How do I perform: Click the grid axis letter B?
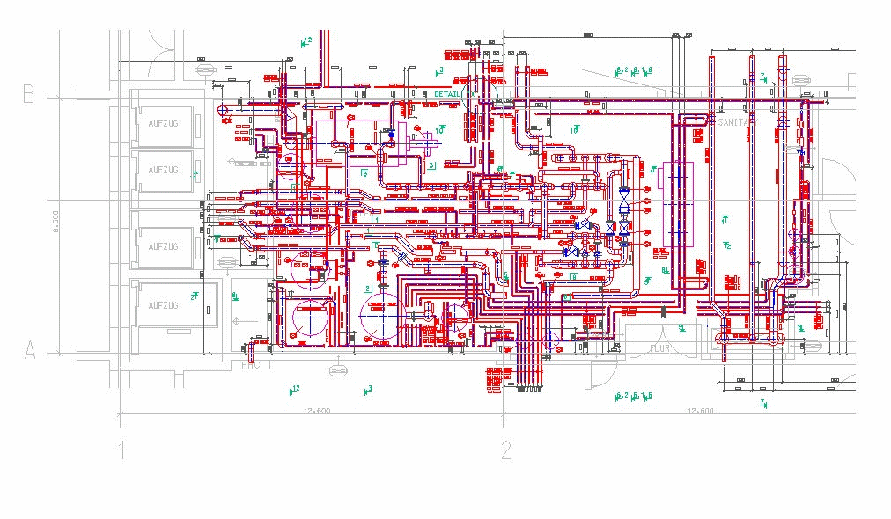click(x=28, y=94)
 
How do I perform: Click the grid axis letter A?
click(x=28, y=350)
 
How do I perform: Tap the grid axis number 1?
click(x=121, y=451)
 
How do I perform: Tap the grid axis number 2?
click(x=505, y=451)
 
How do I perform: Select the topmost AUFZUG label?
click(x=163, y=123)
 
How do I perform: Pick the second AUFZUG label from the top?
click(x=163, y=170)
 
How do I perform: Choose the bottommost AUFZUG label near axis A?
click(x=163, y=305)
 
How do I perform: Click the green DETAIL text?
click(x=448, y=94)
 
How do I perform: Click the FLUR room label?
click(x=660, y=348)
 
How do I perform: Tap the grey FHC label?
click(x=253, y=364)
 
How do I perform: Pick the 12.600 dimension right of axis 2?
click(x=699, y=411)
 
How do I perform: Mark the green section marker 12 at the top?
click(x=306, y=41)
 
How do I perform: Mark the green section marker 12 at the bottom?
click(x=294, y=389)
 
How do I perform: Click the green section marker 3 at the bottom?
click(x=367, y=389)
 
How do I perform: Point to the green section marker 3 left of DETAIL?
click(x=438, y=70)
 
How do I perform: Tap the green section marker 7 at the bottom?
click(x=762, y=404)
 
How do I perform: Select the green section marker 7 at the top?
click(x=763, y=77)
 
